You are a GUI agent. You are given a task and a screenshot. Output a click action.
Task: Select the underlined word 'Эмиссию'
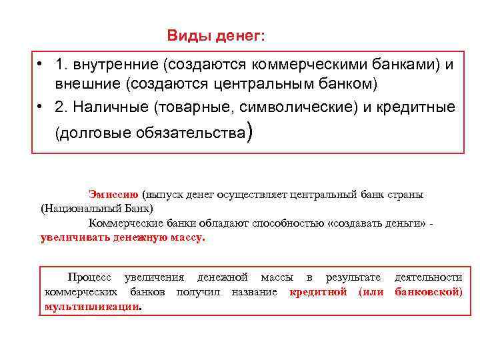113,194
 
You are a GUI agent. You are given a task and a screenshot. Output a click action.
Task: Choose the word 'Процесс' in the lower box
91,277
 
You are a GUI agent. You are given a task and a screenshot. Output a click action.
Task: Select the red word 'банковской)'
428,292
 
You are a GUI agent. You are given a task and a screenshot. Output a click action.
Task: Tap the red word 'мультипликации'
92,307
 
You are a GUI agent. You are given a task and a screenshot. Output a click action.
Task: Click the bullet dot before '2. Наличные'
41,107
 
